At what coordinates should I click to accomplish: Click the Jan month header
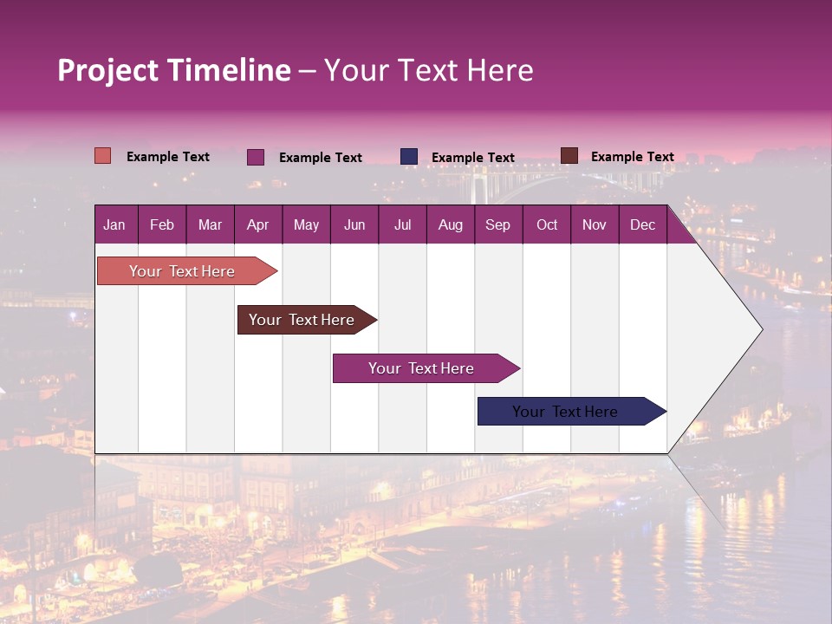(114, 224)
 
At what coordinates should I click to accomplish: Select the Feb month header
(162, 224)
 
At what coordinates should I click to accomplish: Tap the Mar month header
(210, 224)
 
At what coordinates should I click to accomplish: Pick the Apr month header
(257, 224)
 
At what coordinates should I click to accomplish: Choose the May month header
(306, 224)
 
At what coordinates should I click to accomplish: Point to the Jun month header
(354, 224)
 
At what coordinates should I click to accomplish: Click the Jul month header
(402, 224)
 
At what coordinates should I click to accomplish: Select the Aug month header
(450, 224)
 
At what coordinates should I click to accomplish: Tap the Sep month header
(497, 224)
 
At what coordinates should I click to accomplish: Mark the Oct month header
(547, 224)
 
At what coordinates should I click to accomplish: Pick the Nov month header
(595, 224)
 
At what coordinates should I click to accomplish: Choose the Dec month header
(642, 224)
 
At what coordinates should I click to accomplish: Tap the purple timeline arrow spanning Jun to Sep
(422, 368)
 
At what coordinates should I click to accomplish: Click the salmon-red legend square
(103, 156)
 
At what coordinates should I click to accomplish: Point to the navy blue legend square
(409, 156)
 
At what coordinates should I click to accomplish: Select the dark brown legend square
(569, 156)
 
